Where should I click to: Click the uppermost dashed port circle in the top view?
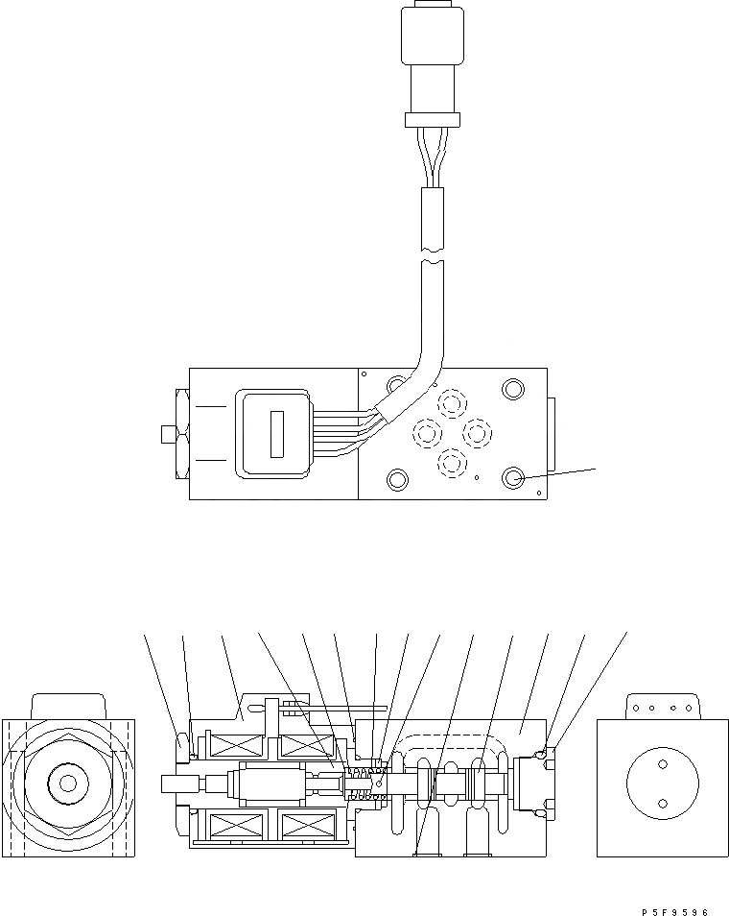[450, 402]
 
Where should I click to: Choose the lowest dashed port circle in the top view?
[451, 463]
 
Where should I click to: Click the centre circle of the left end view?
[67, 783]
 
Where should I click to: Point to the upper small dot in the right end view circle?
[661, 766]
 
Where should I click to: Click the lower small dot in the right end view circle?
[661, 804]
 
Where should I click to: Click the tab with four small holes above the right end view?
[662, 708]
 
